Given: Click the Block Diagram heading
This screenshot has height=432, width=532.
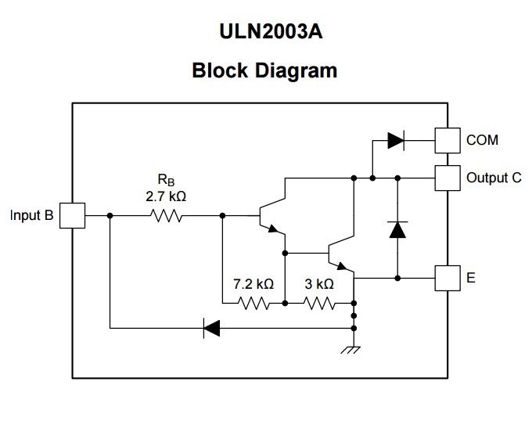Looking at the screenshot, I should click(x=264, y=70).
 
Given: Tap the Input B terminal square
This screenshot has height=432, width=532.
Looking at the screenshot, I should click(x=72, y=215).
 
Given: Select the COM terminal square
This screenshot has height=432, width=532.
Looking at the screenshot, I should click(x=448, y=141).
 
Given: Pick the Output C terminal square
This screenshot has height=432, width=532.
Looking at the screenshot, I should click(x=448, y=178).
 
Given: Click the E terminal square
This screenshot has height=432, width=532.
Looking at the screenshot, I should click(x=448, y=277).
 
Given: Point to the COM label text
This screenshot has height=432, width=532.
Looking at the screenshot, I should click(x=482, y=141).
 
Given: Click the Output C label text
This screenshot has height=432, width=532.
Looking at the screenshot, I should click(x=494, y=178).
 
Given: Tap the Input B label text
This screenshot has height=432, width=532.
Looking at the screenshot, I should click(x=32, y=215).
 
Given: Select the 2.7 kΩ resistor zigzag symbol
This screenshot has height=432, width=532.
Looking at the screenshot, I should click(x=166, y=215).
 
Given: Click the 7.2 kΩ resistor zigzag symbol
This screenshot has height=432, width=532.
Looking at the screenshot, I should click(x=255, y=302).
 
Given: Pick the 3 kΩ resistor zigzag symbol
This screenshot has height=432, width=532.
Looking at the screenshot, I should click(x=319, y=302).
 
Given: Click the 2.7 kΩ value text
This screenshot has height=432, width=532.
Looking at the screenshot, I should click(x=166, y=197).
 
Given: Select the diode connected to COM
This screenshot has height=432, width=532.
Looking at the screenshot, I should click(x=396, y=141).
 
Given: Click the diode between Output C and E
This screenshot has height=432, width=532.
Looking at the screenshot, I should click(x=397, y=229).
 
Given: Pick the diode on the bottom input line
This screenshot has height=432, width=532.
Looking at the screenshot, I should click(x=211, y=327).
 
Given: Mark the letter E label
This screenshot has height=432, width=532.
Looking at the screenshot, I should click(x=471, y=277).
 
